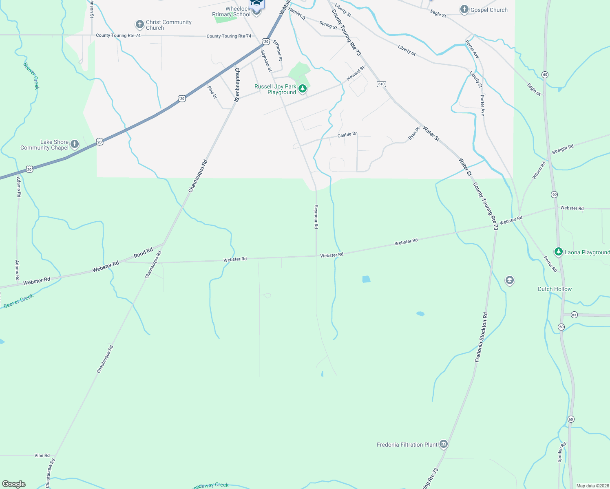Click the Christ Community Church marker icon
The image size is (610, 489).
[x=139, y=24]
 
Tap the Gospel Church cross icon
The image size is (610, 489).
[x=464, y=10]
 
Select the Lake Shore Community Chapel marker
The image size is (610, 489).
[x=74, y=144]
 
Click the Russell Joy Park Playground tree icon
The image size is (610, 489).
[x=303, y=88]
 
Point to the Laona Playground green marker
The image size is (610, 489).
[x=558, y=252]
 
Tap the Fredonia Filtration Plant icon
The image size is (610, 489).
[x=444, y=444]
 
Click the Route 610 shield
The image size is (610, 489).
[x=381, y=84]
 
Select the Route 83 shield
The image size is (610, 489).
[x=574, y=315]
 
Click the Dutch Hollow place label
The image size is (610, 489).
[x=555, y=289]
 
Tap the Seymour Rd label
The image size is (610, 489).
[x=316, y=216]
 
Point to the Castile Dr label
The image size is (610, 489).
[x=347, y=134]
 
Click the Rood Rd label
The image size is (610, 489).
[x=143, y=253]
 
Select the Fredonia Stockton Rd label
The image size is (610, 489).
[x=481, y=337]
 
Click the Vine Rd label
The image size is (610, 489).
[x=42, y=455]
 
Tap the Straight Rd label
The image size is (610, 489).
[x=563, y=149]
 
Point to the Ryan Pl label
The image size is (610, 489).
[x=414, y=134]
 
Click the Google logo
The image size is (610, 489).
[x=14, y=484]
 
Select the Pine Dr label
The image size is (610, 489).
[x=212, y=92]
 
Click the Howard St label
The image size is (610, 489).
[x=355, y=73]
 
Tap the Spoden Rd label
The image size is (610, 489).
[x=562, y=452]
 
